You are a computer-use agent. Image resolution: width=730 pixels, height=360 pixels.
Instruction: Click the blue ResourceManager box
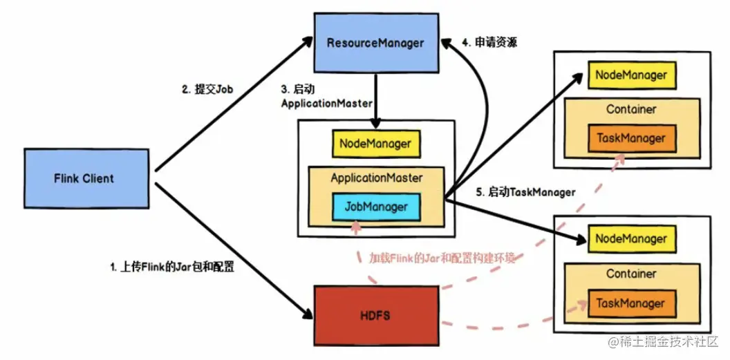pyautogui.click(x=375, y=43)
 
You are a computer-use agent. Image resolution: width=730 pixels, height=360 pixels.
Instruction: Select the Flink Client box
pyautogui.click(x=84, y=179)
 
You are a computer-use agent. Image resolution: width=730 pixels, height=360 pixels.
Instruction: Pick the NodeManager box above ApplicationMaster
pyautogui.click(x=375, y=144)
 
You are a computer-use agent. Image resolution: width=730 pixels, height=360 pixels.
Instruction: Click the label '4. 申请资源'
pyautogui.click(x=496, y=43)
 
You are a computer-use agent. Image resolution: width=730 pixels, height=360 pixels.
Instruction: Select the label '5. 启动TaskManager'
pyautogui.click(x=525, y=192)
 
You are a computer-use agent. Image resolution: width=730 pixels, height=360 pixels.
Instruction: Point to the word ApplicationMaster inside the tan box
pyautogui.click(x=375, y=178)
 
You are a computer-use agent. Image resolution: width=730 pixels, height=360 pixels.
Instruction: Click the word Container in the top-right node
pyautogui.click(x=630, y=109)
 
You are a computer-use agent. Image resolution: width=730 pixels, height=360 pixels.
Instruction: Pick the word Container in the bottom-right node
pyautogui.click(x=630, y=274)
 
